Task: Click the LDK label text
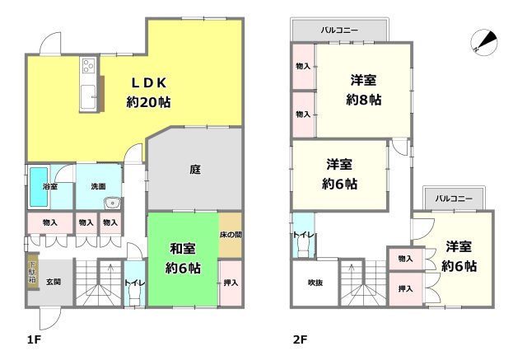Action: coord(148,82)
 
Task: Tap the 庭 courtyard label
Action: coord(194,170)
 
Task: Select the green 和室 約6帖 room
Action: coord(183,259)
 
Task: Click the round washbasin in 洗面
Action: coord(112,205)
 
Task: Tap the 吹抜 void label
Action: coord(315,283)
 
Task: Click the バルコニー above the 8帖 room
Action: coord(340,30)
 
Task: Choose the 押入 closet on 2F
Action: coord(404,288)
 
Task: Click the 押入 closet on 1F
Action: coord(231,283)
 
